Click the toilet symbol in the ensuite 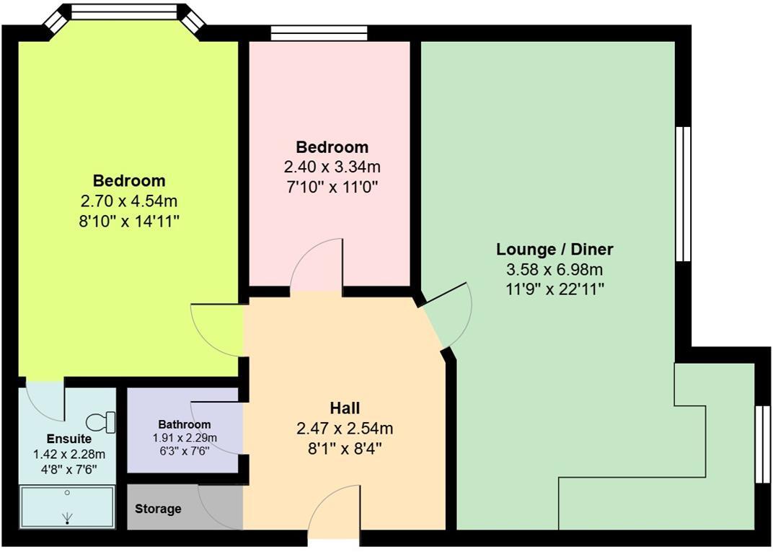[102, 422]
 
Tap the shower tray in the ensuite [67, 507]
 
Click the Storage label [158, 509]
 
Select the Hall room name [345, 408]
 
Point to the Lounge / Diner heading [555, 250]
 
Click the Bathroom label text [185, 425]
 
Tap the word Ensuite [69, 439]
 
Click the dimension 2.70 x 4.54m [129, 201]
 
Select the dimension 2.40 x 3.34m [332, 167]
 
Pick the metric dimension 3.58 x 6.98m [555, 271]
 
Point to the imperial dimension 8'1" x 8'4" [345, 448]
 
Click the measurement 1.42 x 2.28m [69, 454]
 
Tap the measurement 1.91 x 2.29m [185, 438]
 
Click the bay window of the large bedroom [124, 13]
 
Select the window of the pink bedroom [319, 32]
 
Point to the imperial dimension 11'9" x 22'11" [555, 290]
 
